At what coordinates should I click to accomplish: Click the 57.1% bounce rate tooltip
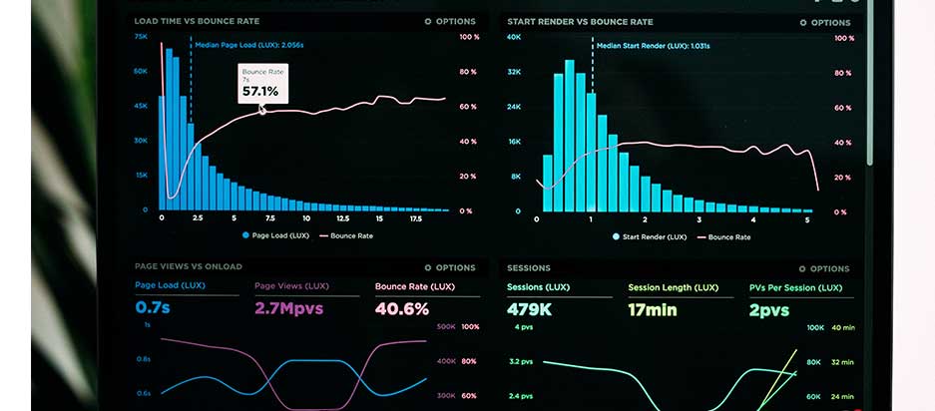[x=262, y=85]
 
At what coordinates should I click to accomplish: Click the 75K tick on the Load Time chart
[x=141, y=36]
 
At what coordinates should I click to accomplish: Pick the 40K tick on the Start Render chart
[x=514, y=37]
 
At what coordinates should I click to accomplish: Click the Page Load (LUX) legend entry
[x=275, y=236]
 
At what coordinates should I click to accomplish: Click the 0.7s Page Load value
[x=153, y=308]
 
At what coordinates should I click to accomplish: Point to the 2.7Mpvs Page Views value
[x=289, y=308]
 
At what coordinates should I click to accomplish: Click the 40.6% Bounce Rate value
[x=402, y=308]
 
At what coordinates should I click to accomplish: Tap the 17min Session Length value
[x=652, y=309]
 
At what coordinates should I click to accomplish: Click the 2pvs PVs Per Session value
[x=769, y=309]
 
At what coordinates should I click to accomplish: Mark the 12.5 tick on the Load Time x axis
[x=342, y=217]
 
